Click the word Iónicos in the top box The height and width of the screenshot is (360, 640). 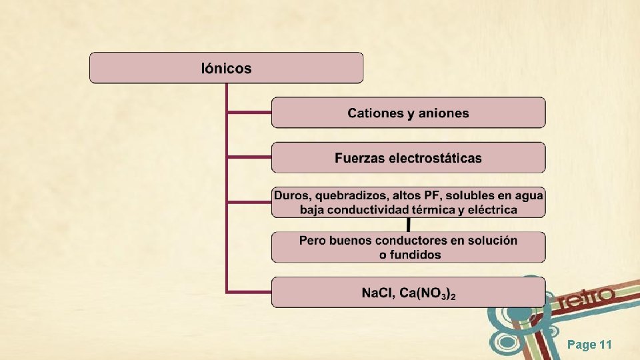(226, 68)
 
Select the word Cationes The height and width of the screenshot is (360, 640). (375, 113)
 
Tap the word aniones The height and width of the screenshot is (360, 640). (443, 113)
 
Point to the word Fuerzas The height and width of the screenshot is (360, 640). (358, 159)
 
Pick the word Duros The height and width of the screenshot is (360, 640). (292, 195)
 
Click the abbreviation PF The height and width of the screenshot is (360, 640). (431, 195)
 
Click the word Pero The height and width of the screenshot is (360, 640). (312, 240)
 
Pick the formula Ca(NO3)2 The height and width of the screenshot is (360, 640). (428, 293)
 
